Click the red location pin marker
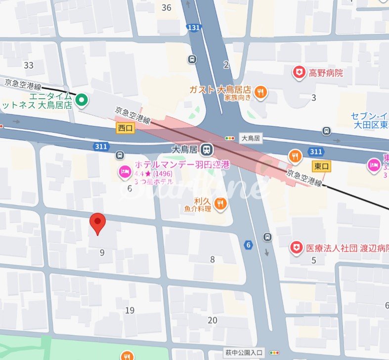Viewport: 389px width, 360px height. click(x=98, y=223)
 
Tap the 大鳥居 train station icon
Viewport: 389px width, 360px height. click(x=208, y=149)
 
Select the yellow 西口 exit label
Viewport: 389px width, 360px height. click(x=125, y=128)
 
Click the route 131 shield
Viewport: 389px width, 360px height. click(x=194, y=28)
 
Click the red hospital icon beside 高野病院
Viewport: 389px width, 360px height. click(x=299, y=73)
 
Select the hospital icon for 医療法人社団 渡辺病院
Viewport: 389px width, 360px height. click(x=296, y=247)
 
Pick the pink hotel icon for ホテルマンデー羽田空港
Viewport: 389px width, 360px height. click(x=124, y=171)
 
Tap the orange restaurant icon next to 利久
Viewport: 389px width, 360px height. click(x=220, y=203)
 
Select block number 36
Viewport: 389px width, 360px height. click(x=167, y=7)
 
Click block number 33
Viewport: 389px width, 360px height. click(x=29, y=65)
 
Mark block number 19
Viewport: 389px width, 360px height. click(x=130, y=310)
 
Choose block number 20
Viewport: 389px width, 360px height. click(x=213, y=320)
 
